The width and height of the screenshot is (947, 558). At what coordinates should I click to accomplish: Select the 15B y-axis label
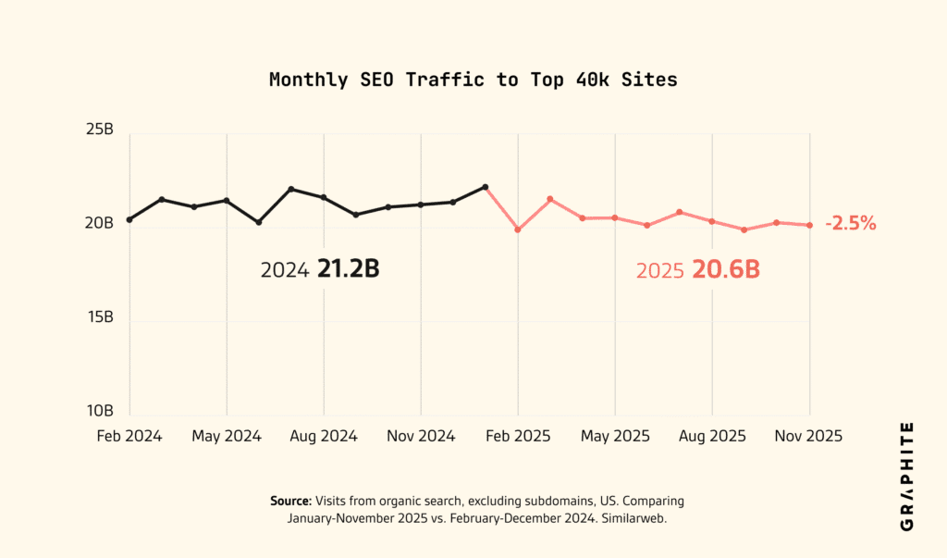[x=99, y=317]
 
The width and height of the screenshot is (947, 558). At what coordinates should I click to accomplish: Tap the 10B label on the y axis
[x=99, y=411]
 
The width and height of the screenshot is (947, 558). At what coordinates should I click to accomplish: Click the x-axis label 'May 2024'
[x=227, y=436]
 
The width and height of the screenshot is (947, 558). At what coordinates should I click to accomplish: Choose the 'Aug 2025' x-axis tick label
[x=712, y=436]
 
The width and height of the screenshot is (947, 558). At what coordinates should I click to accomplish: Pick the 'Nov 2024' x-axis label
[x=421, y=436]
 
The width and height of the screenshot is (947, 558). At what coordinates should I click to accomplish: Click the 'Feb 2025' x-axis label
[x=518, y=436]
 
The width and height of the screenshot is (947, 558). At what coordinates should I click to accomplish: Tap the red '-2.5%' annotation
[x=850, y=223]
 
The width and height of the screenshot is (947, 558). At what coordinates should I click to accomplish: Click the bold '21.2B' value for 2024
[x=349, y=269]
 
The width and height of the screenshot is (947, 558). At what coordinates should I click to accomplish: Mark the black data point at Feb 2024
[x=129, y=219]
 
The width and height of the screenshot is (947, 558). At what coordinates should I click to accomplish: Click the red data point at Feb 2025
[x=518, y=229]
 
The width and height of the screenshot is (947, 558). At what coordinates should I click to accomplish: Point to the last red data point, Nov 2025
[x=810, y=225]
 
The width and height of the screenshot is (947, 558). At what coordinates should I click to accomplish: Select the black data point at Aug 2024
[x=324, y=197]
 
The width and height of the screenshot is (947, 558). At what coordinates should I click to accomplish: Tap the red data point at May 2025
[x=615, y=217]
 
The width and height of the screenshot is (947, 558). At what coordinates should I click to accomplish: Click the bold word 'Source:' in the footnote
[x=290, y=501]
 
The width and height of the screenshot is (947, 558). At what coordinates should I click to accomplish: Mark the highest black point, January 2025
[x=485, y=187]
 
